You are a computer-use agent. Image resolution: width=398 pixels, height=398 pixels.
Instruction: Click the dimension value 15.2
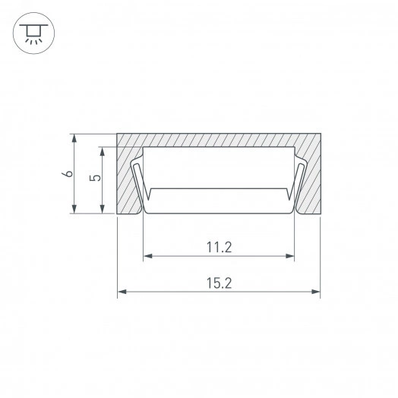[x=220, y=283]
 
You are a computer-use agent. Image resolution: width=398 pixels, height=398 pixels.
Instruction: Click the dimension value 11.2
[x=220, y=247]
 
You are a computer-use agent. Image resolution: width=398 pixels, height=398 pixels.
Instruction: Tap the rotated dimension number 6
[x=68, y=174]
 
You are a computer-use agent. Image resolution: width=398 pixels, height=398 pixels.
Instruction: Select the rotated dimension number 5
[x=95, y=178]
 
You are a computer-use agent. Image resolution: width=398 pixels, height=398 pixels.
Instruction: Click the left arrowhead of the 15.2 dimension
[x=122, y=292]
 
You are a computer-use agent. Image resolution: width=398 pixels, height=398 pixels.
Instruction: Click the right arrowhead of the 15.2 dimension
[x=315, y=292]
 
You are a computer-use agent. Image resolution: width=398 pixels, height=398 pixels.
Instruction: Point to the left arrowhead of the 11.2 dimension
[x=148, y=256]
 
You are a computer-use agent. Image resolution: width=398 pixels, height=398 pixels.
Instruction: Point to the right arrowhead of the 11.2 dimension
[x=289, y=256]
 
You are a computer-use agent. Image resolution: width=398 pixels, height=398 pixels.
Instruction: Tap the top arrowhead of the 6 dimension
[x=74, y=138]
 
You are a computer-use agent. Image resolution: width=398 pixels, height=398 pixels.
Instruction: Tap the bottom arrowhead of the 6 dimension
[x=74, y=209]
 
